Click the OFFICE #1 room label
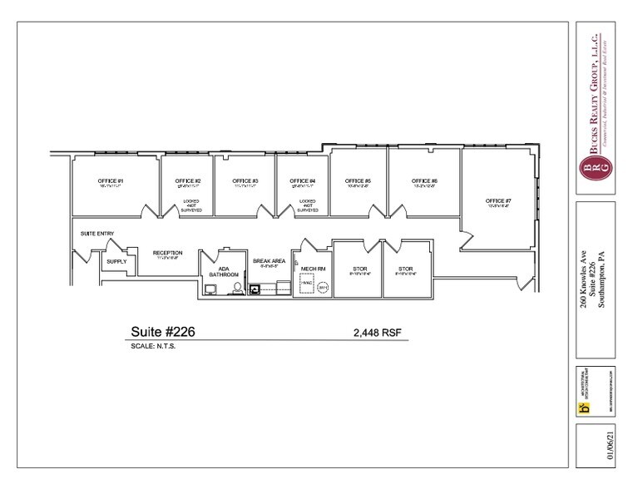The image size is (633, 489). (110, 180)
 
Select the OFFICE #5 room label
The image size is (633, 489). (358, 180)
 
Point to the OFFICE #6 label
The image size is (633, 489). (424, 180)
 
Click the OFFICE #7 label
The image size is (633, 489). (499, 200)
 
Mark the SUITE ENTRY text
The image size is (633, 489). (97, 234)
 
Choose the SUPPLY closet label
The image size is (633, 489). (116, 261)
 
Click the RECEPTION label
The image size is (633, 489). (167, 253)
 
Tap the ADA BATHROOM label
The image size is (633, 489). (229, 271)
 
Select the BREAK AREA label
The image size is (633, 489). (270, 260)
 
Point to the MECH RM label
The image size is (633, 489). (313, 269)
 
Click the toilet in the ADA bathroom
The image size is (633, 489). (238, 289)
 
